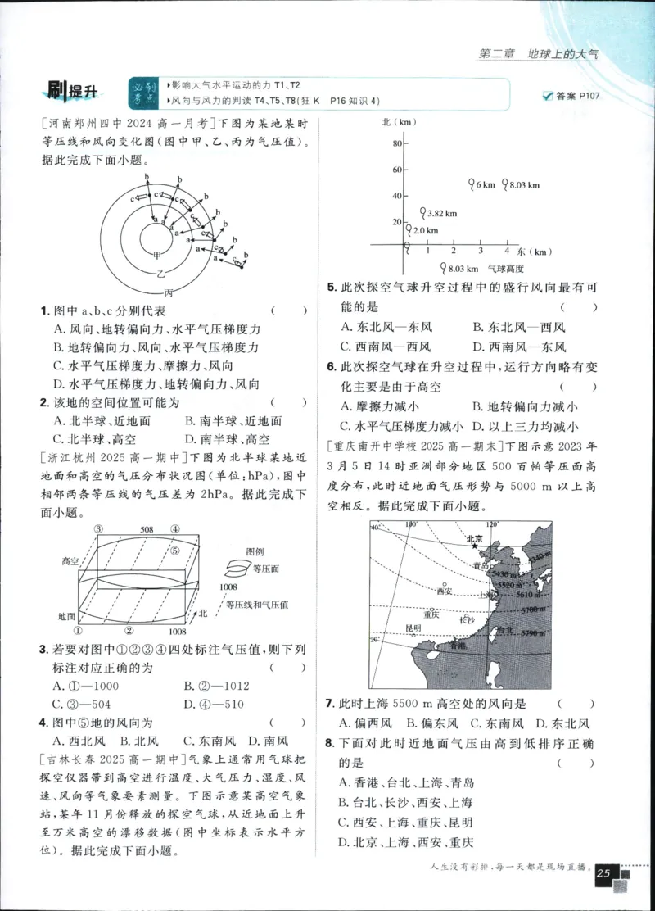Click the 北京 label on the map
474,539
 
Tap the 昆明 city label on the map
413,628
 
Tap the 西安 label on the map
445,589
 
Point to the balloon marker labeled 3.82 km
422,211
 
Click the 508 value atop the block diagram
147,530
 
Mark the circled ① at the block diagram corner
79,631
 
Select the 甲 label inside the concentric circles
156,255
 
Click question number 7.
329,704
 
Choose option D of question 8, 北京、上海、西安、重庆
406,841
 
